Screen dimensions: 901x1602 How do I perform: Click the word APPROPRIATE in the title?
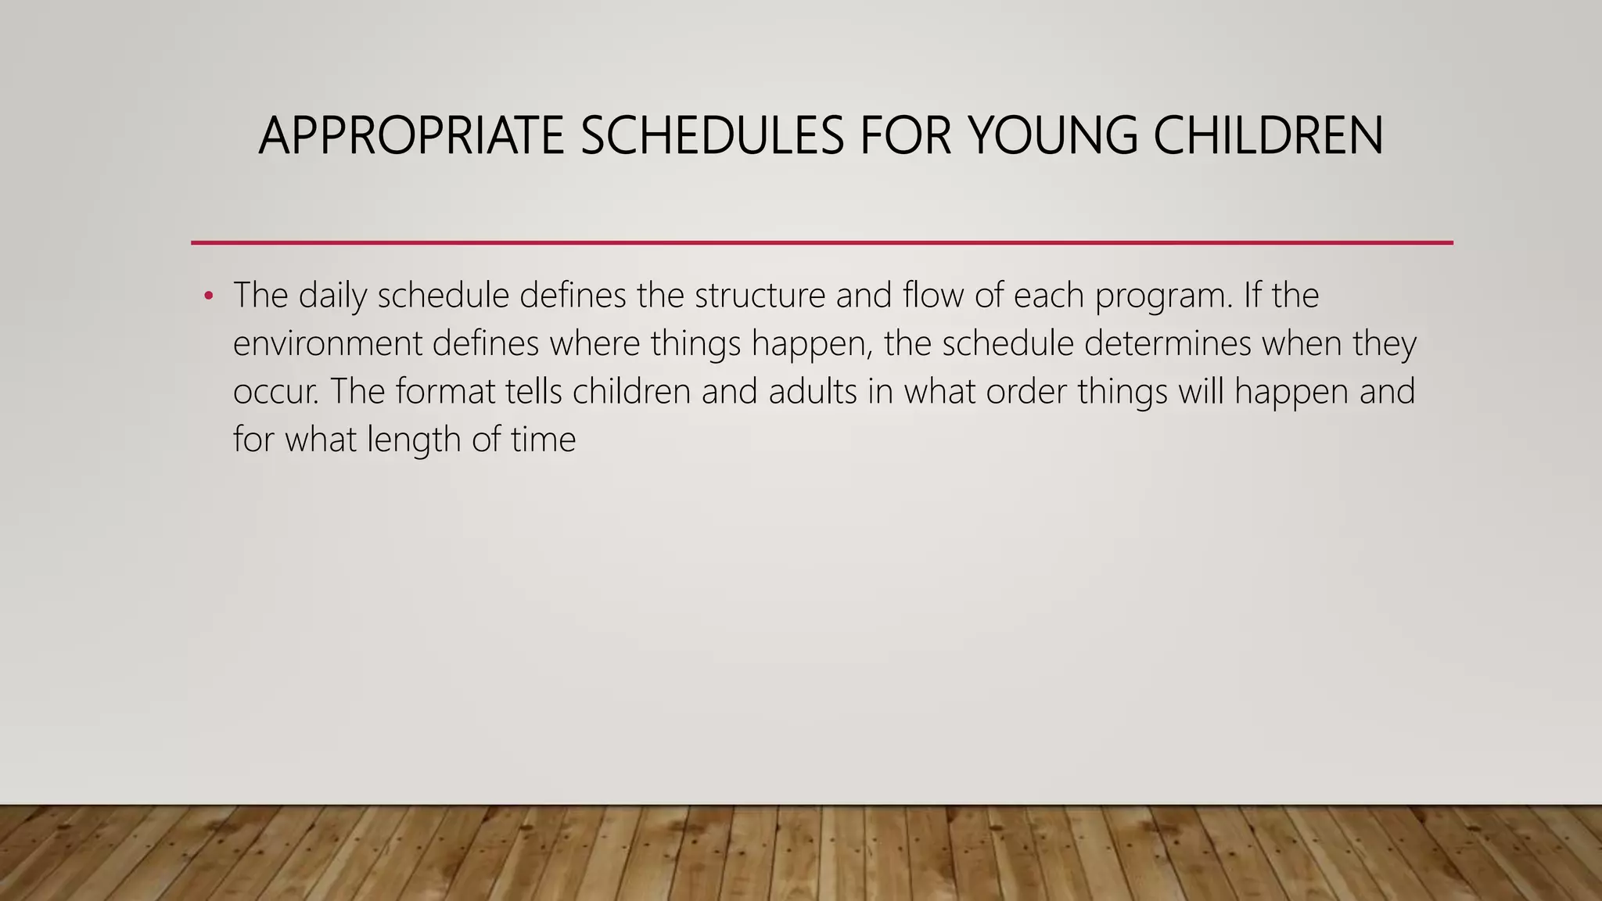pos(411,136)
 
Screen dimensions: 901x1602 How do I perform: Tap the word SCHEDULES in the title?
pos(712,136)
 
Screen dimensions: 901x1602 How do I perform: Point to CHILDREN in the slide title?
pos(1268,136)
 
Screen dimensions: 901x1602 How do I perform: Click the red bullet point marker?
pos(208,296)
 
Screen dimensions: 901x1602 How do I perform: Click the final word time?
pos(543,440)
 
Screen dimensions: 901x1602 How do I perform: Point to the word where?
pos(594,344)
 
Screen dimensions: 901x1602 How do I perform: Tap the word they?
pos(1384,344)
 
